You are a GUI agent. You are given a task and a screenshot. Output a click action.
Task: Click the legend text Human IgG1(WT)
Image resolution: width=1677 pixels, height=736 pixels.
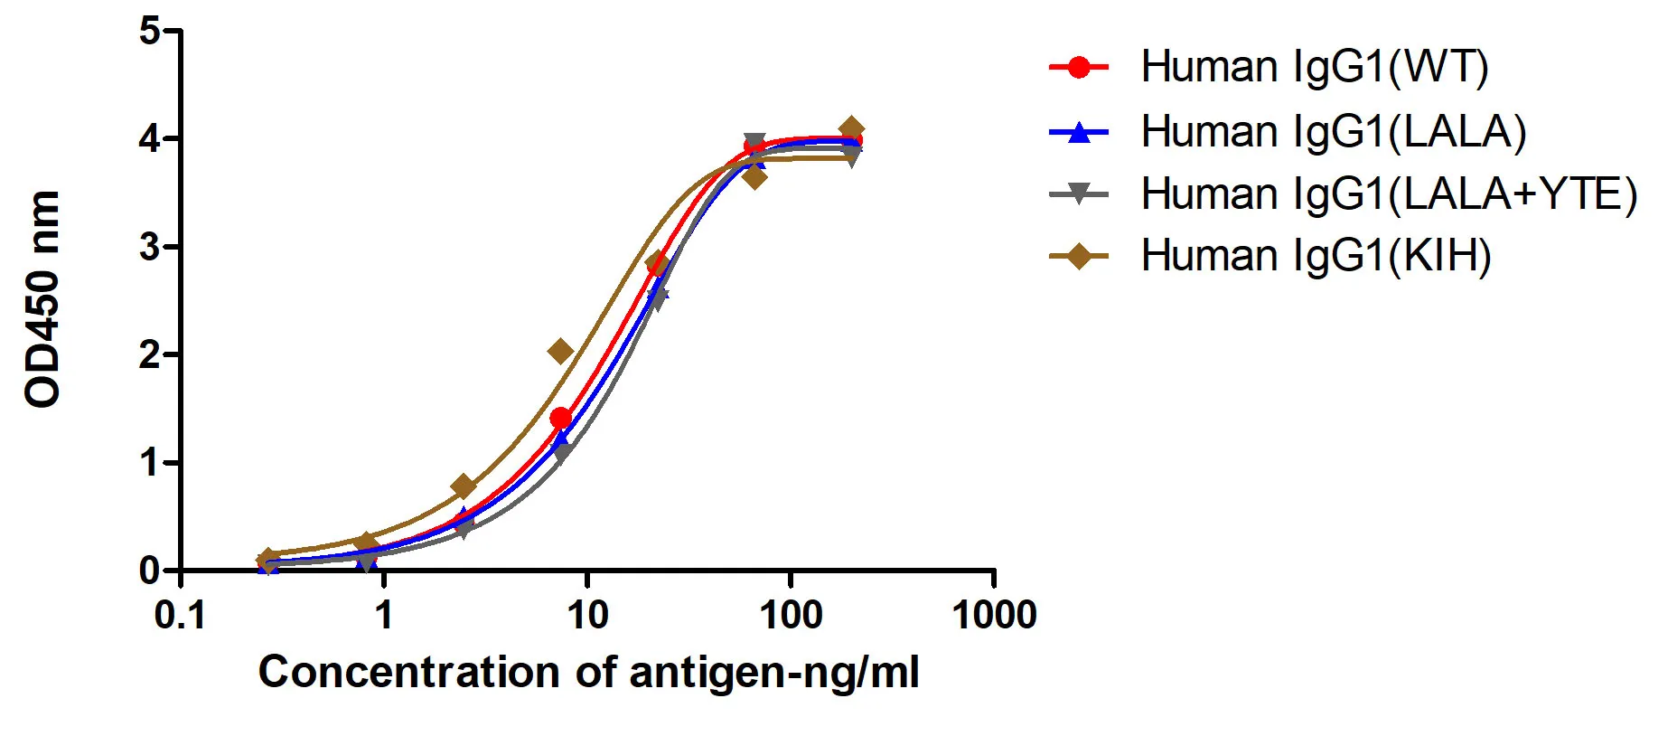pos(1314,67)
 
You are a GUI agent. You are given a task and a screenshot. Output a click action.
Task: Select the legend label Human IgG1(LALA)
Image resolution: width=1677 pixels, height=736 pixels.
pos(1333,132)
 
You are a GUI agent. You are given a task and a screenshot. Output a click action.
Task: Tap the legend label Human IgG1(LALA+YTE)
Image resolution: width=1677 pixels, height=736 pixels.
pos(1388,194)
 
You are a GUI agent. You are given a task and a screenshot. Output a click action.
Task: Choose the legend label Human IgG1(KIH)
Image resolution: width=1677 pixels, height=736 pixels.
pos(1316,256)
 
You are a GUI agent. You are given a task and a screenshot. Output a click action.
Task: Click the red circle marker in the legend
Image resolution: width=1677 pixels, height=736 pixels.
pos(1078,67)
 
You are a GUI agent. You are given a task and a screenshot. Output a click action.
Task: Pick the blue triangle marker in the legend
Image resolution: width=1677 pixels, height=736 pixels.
pos(1078,132)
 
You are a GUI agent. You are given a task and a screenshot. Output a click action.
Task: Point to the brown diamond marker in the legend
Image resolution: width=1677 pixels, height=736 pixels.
pos(1078,256)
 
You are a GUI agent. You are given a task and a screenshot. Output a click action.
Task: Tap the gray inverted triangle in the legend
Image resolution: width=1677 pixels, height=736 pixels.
pos(1078,193)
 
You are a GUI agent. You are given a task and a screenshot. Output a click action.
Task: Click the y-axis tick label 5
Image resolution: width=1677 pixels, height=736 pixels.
pos(149,32)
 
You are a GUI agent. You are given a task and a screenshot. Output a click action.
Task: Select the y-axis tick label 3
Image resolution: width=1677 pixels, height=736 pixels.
pos(149,247)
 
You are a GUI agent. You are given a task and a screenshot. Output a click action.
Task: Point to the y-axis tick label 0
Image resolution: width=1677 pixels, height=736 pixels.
pos(149,571)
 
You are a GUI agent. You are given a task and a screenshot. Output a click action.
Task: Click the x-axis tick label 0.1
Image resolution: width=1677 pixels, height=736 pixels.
pos(180,616)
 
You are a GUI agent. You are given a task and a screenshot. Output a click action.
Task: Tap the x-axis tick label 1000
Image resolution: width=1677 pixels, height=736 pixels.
pos(994,616)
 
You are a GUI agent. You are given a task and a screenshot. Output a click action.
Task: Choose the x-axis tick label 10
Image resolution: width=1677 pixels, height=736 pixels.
pos(587,616)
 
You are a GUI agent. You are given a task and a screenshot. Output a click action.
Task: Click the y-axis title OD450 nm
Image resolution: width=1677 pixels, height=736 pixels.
pos(42,299)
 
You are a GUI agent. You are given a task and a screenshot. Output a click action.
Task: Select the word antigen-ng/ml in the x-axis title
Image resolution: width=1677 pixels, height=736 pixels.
pos(773,673)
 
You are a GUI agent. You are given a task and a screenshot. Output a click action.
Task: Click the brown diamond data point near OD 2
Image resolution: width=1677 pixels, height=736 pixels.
pos(560,351)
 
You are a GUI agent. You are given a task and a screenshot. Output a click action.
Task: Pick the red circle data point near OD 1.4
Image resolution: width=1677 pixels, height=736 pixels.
pos(560,418)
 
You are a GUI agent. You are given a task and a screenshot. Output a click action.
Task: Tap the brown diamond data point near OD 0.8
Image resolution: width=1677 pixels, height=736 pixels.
pos(464,486)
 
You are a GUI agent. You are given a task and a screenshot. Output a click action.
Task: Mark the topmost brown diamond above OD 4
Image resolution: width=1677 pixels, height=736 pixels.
pos(850,128)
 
